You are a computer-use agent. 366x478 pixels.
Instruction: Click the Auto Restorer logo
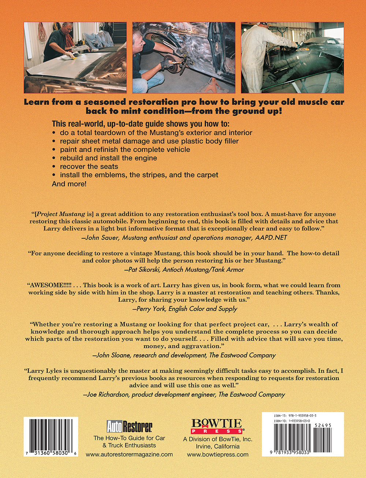pyautogui.click(x=129, y=426)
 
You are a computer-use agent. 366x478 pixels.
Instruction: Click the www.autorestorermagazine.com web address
pyautogui.click(x=129, y=454)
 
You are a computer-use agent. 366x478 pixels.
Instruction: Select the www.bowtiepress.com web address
pyautogui.click(x=217, y=455)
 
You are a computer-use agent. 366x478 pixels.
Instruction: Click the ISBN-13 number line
pyautogui.click(x=295, y=416)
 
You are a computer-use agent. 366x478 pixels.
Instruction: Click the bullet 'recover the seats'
pyautogui.click(x=89, y=167)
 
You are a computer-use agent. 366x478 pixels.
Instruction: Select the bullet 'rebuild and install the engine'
pyautogui.click(x=108, y=158)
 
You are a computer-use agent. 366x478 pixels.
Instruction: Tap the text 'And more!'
pyautogui.click(x=69, y=184)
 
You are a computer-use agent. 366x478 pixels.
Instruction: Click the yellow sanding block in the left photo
pyautogui.click(x=72, y=57)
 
